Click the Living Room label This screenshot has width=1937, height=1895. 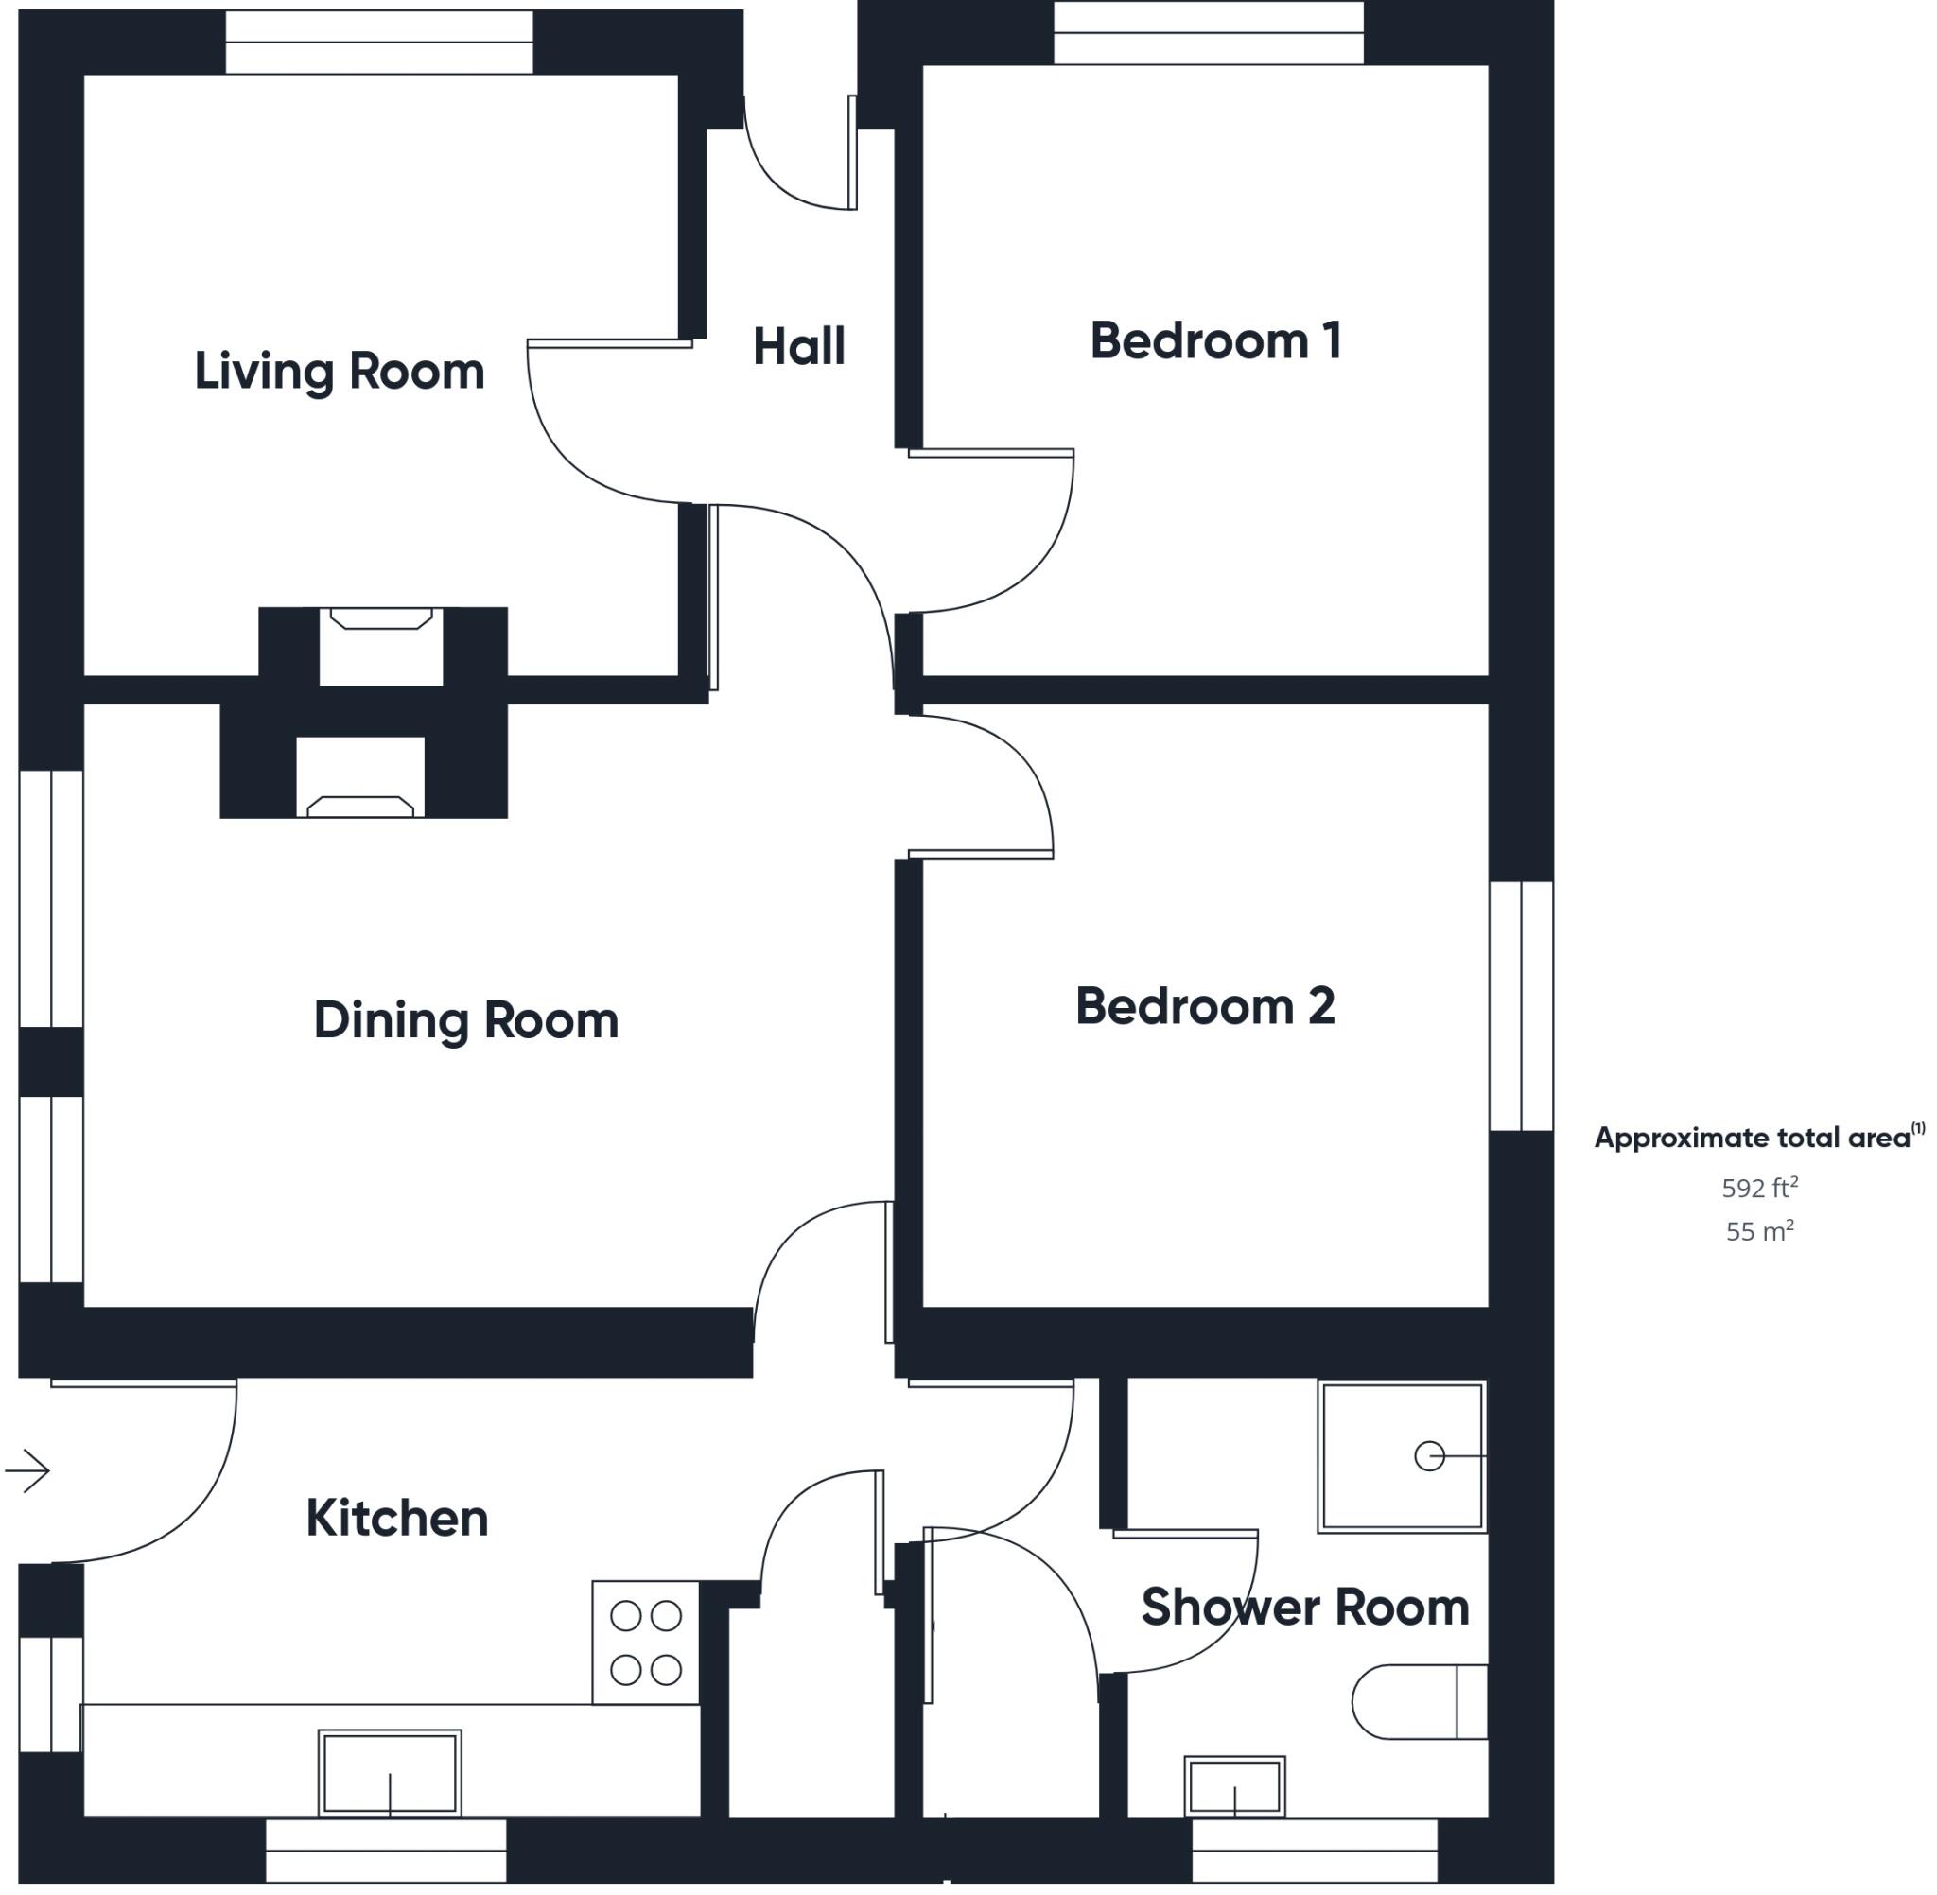pyautogui.click(x=339, y=372)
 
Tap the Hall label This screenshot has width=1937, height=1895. pyautogui.click(x=798, y=346)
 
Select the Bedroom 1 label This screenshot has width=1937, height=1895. pyautogui.click(x=1215, y=341)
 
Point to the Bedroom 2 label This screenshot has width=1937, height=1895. pyautogui.click(x=1204, y=1006)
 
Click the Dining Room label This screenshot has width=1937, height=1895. pyautogui.click(x=466, y=1020)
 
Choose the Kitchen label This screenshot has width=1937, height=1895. pyautogui.click(x=396, y=1518)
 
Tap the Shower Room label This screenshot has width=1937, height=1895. pyautogui.click(x=1304, y=1608)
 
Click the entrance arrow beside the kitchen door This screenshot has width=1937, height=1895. pyautogui.click(x=27, y=1471)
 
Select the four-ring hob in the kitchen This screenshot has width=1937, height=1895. pyautogui.click(x=645, y=1643)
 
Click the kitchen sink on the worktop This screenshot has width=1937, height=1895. pyautogui.click(x=389, y=1774)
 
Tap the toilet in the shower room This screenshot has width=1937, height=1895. pyautogui.click(x=1419, y=1702)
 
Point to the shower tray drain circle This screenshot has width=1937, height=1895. pyautogui.click(x=1428, y=1456)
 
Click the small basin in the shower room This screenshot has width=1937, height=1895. pyautogui.click(x=1234, y=1787)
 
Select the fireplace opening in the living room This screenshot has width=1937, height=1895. pyautogui.click(x=380, y=647)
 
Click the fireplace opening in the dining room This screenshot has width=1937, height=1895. pyautogui.click(x=360, y=776)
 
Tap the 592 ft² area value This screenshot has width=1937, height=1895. pyautogui.click(x=1759, y=1188)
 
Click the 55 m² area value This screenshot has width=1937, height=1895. pyautogui.click(x=1759, y=1231)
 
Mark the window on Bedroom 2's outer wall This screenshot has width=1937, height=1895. pyautogui.click(x=1521, y=1005)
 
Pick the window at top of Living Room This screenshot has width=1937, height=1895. pyautogui.click(x=378, y=42)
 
